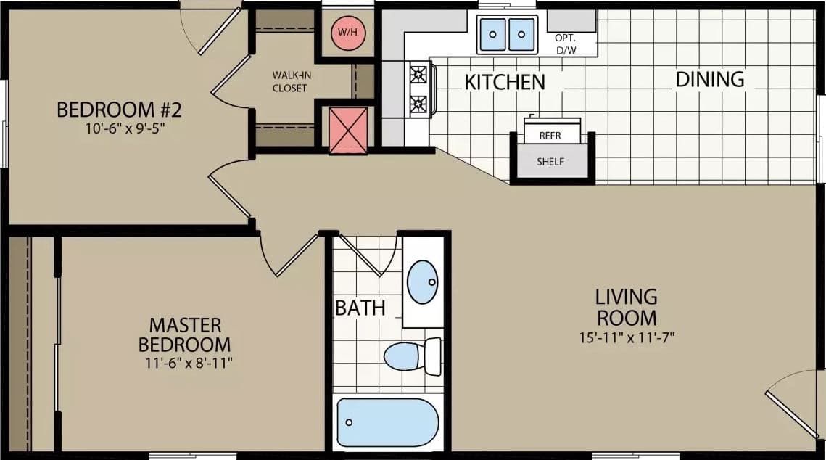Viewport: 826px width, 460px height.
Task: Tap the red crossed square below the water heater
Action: click(349, 131)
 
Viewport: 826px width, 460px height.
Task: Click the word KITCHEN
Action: click(505, 82)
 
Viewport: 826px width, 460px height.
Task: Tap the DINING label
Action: click(710, 79)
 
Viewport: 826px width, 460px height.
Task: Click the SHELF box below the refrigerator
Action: click(550, 162)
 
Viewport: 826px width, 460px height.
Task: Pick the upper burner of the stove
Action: click(418, 74)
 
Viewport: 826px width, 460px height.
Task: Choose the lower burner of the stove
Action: click(418, 104)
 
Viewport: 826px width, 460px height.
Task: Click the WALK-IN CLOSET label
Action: click(289, 81)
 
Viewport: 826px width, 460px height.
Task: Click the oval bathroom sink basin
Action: click(422, 282)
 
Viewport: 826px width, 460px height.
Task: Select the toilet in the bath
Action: click(410, 356)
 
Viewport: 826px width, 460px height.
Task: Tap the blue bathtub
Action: click(387, 422)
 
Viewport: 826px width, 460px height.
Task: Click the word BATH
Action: click(360, 308)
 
